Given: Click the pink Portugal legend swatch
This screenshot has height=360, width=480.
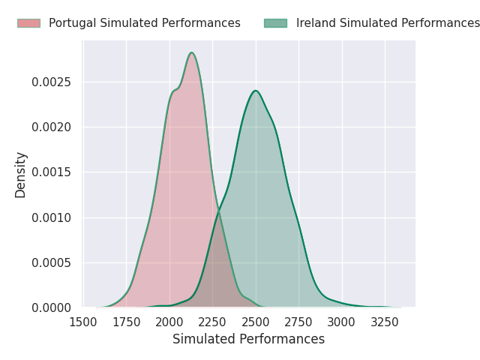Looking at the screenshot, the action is tap(28, 23).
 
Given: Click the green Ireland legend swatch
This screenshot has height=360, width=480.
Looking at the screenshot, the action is tap(275, 23).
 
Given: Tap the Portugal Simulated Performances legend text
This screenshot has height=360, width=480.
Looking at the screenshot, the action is tap(145, 23).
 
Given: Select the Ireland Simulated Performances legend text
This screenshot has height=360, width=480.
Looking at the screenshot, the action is tap(388, 23).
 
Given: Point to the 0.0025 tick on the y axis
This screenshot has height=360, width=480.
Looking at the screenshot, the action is tap(51, 82).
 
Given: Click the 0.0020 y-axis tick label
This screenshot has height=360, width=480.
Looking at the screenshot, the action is tap(51, 127).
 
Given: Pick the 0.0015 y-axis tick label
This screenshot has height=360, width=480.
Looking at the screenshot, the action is tap(51, 172).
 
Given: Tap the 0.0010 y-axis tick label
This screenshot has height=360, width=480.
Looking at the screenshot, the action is tap(51, 217).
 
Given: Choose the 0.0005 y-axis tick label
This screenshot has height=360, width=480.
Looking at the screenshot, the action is tap(51, 262).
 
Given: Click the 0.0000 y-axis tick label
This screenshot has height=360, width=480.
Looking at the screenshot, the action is tap(51, 307).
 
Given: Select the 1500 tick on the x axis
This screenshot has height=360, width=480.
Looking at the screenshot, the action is tap(83, 322).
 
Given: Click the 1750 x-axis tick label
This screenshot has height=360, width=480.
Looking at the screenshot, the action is tap(127, 322).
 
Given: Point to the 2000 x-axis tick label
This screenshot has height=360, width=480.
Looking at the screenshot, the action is tap(169, 322).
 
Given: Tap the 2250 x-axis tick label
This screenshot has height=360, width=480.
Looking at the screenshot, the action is tap(212, 322).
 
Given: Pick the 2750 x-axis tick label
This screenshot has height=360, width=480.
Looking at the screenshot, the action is tap(298, 322).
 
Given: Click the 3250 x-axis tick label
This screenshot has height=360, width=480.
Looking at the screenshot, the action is tap(385, 322).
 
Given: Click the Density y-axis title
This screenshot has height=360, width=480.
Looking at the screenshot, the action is tap(20, 175).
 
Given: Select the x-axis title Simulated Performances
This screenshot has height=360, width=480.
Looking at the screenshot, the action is tap(248, 339).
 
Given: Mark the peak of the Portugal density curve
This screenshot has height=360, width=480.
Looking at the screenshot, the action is tap(192, 52).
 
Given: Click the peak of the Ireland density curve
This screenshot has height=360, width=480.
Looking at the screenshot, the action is tap(256, 91).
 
